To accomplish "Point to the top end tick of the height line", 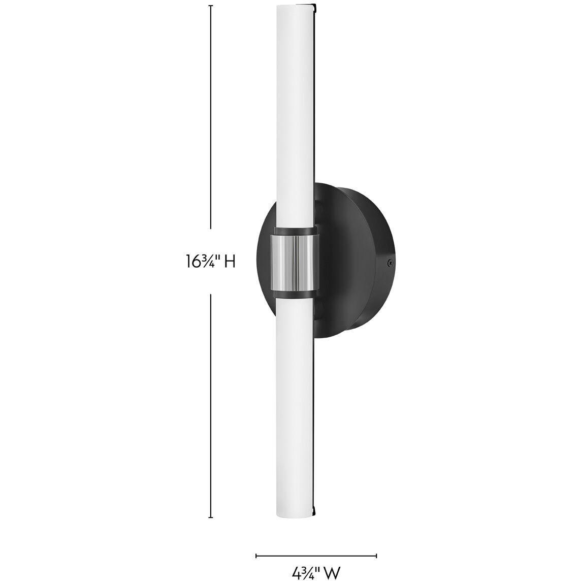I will tap(211, 6).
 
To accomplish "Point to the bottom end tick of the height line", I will tap(211, 518).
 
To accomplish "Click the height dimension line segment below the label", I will tap(211, 406).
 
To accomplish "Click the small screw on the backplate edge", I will tap(390, 263).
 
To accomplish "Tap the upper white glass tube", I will tap(295, 117).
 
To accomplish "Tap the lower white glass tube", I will tap(295, 406).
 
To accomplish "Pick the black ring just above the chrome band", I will tap(295, 232).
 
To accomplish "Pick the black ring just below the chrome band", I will tap(295, 294).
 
